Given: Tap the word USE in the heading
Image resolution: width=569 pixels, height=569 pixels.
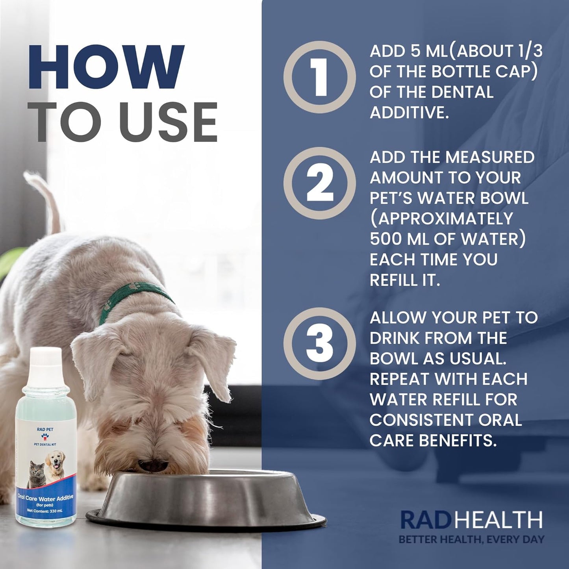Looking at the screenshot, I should click(169, 122).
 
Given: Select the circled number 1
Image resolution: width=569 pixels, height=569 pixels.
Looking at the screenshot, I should click(319, 77).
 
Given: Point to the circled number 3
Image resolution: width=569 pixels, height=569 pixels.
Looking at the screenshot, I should click(319, 343).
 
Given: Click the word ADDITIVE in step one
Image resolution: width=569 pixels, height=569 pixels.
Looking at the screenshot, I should click(409, 113).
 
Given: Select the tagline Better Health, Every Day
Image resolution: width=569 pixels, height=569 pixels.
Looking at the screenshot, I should click(471, 539).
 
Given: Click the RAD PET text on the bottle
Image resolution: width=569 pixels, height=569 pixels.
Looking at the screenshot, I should click(45, 429).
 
